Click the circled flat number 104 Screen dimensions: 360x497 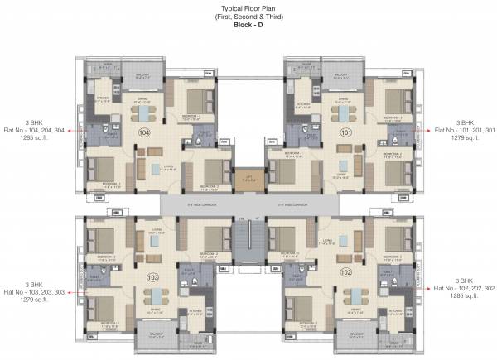coord(145,132)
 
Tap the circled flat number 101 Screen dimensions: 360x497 coord(346,132)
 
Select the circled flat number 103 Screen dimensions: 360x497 coord(152,277)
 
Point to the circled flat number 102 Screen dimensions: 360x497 coord(345,272)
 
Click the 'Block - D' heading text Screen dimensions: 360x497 coord(248,25)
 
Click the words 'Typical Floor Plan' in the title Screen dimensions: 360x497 coord(248,7)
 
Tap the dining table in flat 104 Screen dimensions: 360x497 coord(147,113)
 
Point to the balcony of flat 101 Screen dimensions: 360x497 coord(340,75)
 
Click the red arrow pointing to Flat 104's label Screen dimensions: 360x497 coord(73,131)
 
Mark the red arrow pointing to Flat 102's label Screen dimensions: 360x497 coord(424,284)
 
